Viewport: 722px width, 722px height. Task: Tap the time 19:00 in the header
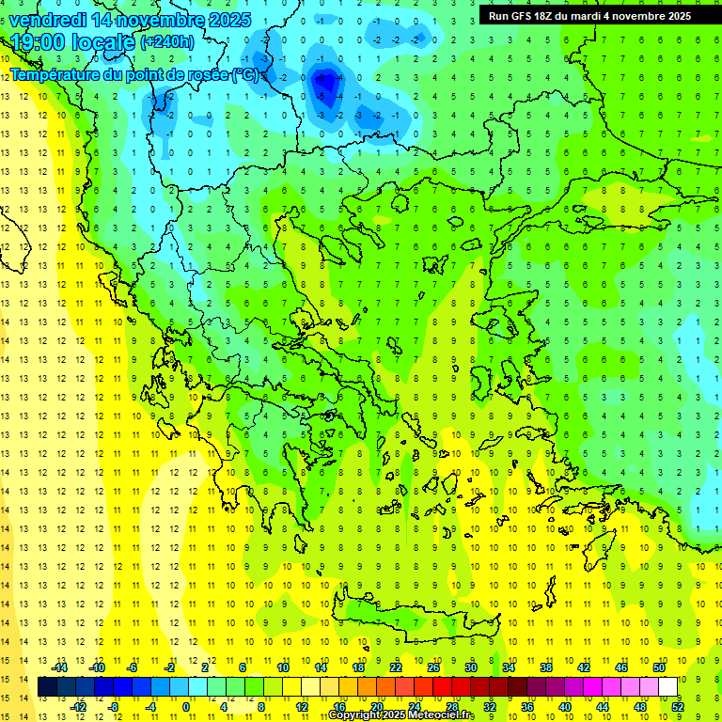coord(39,42)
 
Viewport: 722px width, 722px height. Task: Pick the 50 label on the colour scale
coord(658,667)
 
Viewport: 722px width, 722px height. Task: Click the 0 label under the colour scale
coord(186,707)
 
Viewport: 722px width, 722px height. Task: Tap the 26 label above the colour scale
coord(433,667)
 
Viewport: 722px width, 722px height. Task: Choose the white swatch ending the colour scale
coord(668,687)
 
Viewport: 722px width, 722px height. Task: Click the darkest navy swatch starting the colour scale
coord(48,687)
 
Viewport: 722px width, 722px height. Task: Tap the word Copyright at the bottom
coord(356,715)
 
